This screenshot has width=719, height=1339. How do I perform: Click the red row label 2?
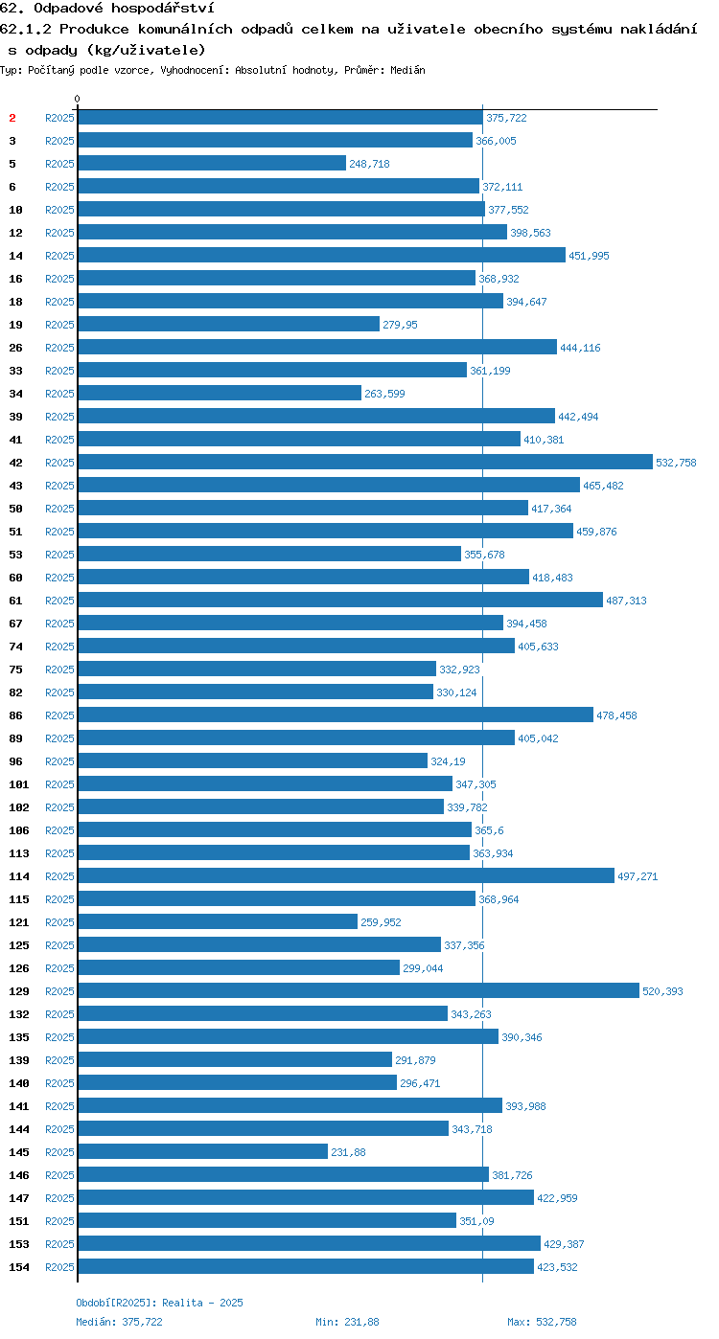(12, 118)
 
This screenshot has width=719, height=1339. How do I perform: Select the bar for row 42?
(365, 462)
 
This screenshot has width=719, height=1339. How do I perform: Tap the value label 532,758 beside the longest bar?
(676, 463)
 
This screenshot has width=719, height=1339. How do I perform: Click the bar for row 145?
(203, 1151)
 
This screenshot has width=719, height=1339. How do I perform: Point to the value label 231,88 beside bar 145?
(348, 1152)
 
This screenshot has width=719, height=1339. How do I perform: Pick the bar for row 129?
(359, 990)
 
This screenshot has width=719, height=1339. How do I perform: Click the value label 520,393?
(662, 991)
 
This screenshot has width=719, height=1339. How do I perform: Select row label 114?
(18, 876)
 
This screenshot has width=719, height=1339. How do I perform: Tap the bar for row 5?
(212, 163)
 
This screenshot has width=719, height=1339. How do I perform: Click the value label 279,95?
(400, 325)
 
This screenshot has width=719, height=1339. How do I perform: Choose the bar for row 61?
(340, 600)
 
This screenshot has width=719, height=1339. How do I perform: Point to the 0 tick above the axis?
(77, 99)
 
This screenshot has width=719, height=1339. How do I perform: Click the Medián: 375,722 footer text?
(119, 1322)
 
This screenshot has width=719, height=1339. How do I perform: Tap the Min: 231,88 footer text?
(348, 1322)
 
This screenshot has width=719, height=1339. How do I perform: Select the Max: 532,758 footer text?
(542, 1322)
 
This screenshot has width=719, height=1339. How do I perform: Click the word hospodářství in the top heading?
(163, 9)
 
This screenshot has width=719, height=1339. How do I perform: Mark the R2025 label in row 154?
(59, 1267)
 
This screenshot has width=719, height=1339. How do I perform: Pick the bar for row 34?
(220, 392)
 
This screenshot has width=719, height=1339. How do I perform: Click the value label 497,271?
(638, 876)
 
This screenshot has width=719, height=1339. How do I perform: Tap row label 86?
(15, 715)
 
